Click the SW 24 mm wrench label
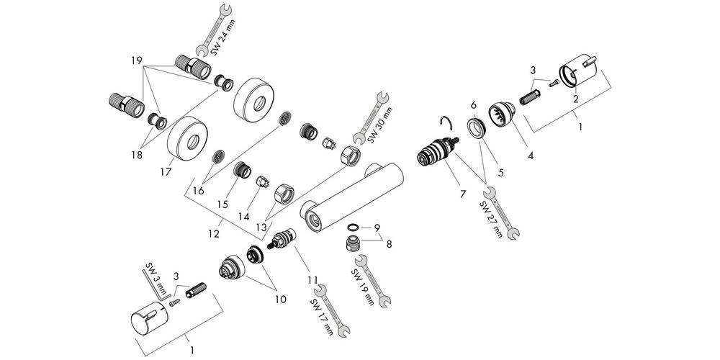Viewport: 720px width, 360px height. pyautogui.click(x=222, y=37)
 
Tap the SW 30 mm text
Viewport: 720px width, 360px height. pyautogui.click(x=379, y=125)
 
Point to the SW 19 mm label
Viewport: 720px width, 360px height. pyautogui.click(x=363, y=287)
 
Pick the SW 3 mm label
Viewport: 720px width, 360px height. pyautogui.click(x=155, y=278)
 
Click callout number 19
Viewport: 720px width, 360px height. pyautogui.click(x=136, y=60)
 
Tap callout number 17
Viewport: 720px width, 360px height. pyautogui.click(x=166, y=172)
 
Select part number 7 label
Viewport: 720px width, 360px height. pyautogui.click(x=463, y=194)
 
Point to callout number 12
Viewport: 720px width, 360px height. pyautogui.click(x=214, y=234)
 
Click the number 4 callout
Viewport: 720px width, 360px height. pyautogui.click(x=531, y=156)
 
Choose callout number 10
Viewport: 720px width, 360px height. pyautogui.click(x=281, y=300)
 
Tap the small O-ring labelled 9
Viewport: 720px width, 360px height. pyautogui.click(x=353, y=227)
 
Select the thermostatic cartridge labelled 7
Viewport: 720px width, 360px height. pyautogui.click(x=438, y=150)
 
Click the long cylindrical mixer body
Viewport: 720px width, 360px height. pyautogui.click(x=352, y=196)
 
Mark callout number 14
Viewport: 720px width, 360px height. pyautogui.click(x=244, y=215)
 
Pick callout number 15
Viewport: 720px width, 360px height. pyautogui.click(x=222, y=204)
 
